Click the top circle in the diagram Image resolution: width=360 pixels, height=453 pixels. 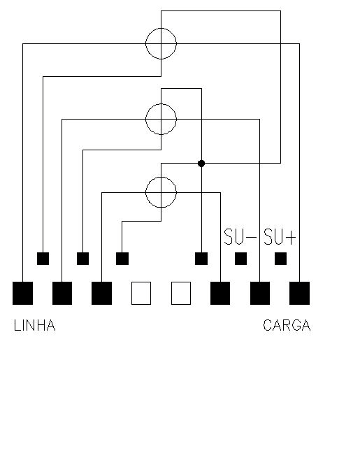tap(146, 43)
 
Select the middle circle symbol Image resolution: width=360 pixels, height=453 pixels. tap(146, 119)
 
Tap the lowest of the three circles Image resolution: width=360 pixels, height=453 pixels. tap(146, 192)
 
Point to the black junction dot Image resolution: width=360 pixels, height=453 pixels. tap(201, 164)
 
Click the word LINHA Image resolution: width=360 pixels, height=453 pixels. tap(34, 325)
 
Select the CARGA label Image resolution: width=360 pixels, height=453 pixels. tap(287, 325)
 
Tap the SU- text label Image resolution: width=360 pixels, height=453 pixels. tap(240, 237)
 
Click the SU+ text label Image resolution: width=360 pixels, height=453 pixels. tap(280, 237)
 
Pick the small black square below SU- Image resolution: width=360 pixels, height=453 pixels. tap(240, 259)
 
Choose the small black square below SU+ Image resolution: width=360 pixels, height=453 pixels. tap(280, 259)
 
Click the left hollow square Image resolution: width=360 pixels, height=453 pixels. tap(141, 293)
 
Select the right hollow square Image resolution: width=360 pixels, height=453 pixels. tap(181, 293)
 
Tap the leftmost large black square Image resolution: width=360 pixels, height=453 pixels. tap(22, 293)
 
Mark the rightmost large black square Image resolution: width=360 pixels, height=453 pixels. tap(300, 293)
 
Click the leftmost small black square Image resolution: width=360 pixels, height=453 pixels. tap(43, 259)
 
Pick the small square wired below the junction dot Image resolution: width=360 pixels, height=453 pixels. tap(201, 259)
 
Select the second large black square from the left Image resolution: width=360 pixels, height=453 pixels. tap(62, 293)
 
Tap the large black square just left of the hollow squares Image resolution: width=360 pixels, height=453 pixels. tap(101, 293)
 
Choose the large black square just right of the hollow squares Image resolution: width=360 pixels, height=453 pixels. tap(220, 293)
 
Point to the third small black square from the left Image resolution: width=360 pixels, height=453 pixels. tap(122, 259)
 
